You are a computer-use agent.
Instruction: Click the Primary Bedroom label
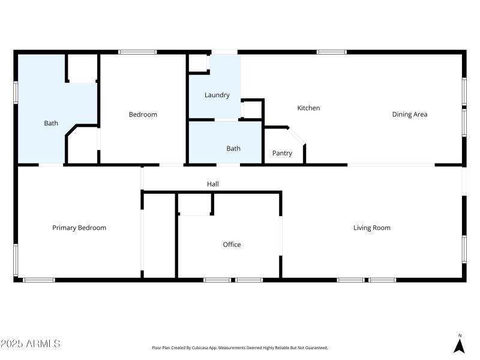click(x=79, y=228)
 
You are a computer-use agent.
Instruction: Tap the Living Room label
click(x=371, y=228)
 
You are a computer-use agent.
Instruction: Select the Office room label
click(x=232, y=245)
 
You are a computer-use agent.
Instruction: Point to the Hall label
click(x=212, y=184)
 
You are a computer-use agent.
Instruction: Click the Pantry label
click(x=282, y=154)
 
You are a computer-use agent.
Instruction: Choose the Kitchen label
click(x=308, y=109)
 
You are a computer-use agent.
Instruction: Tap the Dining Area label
click(x=409, y=115)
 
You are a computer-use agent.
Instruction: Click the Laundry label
click(x=217, y=95)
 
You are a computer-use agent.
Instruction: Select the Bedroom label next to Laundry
click(x=143, y=115)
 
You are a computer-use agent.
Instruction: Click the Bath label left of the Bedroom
click(x=51, y=124)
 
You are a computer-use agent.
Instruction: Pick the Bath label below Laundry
click(x=233, y=148)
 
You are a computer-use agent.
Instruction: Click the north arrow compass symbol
click(x=460, y=345)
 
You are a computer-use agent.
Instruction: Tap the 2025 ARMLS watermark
click(x=30, y=344)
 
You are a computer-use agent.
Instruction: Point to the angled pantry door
click(x=298, y=135)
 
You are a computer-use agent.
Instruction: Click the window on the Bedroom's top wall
click(x=137, y=52)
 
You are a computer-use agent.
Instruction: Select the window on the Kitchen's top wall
click(x=331, y=52)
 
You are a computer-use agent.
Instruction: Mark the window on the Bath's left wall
click(x=16, y=93)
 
